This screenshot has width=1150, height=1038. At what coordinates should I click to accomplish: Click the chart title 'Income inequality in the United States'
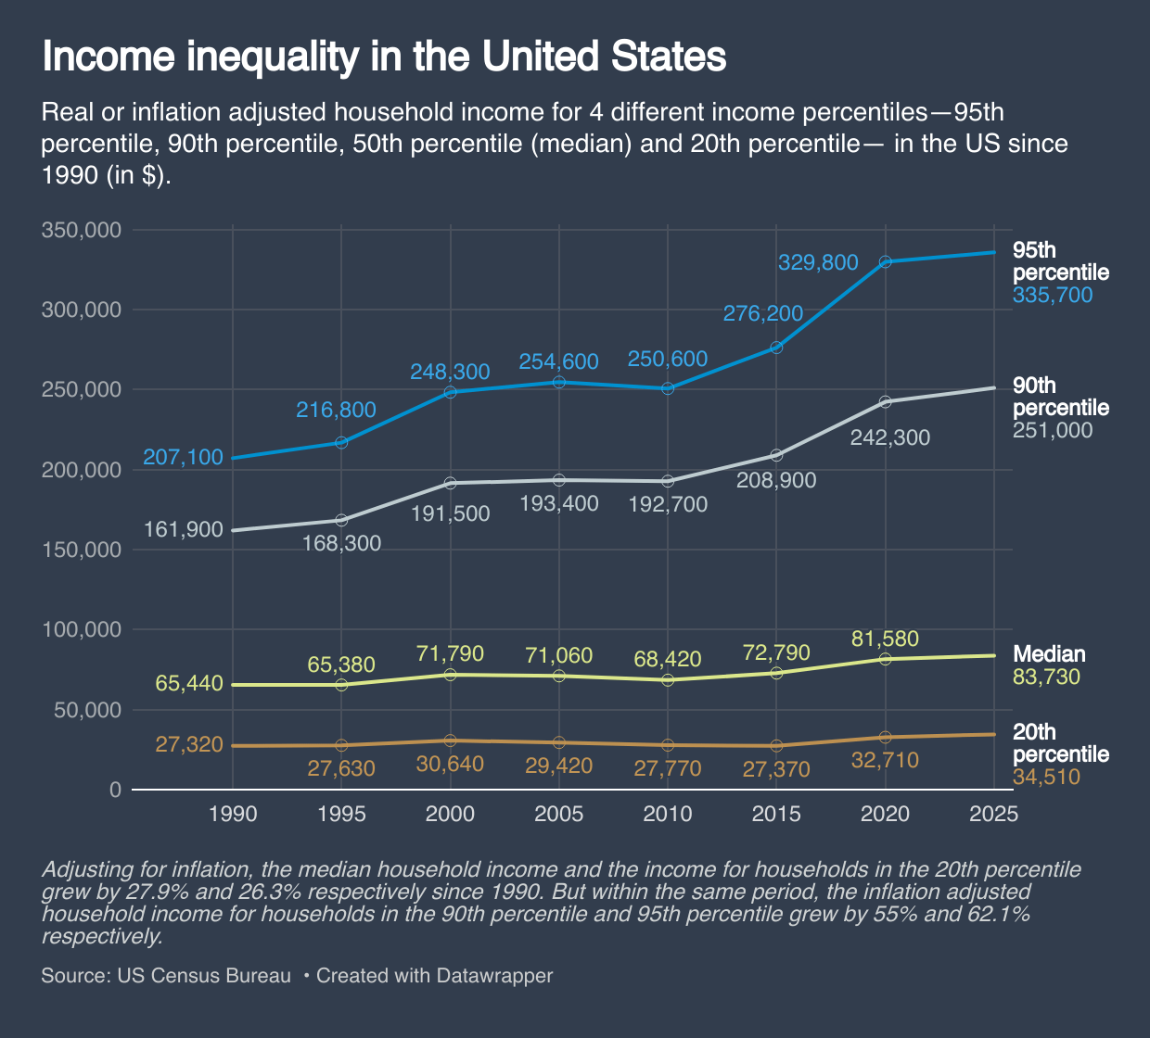[x=384, y=57]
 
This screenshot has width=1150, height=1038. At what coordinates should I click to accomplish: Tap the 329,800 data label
[x=818, y=262]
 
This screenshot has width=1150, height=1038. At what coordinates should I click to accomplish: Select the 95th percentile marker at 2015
[x=776, y=348]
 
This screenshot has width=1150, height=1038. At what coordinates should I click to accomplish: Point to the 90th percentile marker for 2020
[x=885, y=401]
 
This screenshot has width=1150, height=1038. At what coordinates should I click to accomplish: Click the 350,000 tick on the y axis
[x=82, y=230]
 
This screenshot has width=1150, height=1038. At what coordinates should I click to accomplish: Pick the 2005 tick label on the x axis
[x=559, y=814]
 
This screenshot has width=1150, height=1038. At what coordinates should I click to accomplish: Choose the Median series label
[x=1049, y=654]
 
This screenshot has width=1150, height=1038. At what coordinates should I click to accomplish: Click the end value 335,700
[x=1053, y=296]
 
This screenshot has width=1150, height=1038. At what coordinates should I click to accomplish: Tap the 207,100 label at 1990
[x=183, y=457]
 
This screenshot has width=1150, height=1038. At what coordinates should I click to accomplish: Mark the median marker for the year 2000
[x=451, y=675]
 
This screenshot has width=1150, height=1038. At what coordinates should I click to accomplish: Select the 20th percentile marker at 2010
[x=668, y=745]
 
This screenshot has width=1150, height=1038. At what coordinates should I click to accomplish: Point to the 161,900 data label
[x=183, y=530]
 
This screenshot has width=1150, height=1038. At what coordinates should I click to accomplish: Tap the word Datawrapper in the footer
[x=494, y=976]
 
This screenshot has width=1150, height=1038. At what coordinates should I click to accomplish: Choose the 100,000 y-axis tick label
[x=82, y=630]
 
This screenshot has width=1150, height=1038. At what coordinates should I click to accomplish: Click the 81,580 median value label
[x=885, y=639]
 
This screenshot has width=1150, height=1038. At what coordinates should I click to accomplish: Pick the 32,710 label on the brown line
[x=885, y=761]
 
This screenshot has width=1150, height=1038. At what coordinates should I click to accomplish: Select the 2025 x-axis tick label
[x=993, y=814]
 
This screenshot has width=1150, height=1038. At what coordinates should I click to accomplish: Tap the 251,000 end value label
[x=1053, y=431]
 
